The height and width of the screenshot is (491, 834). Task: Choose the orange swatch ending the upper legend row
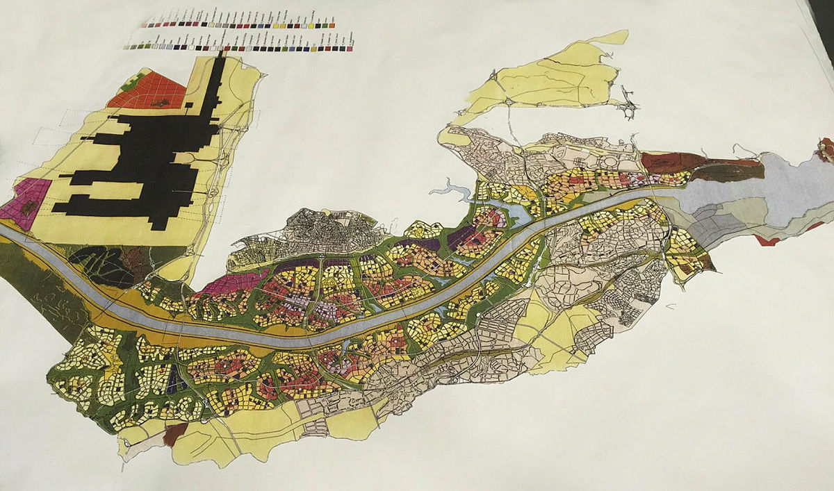332,25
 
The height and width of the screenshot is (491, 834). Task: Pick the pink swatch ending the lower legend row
350,49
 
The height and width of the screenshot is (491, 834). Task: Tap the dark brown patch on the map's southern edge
174,434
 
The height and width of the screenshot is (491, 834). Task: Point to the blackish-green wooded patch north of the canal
104,264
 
